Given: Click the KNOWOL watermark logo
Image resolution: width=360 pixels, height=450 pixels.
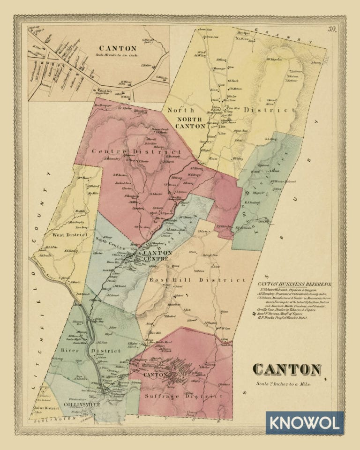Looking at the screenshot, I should point(305,423).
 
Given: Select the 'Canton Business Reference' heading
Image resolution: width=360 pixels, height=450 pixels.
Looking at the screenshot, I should point(295,284).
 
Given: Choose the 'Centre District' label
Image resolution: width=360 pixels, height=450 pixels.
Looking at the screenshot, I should point(136,152).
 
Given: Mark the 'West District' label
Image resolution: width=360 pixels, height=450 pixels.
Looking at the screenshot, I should point(71,234).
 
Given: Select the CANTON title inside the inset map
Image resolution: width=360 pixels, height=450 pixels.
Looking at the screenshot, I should point(118,48).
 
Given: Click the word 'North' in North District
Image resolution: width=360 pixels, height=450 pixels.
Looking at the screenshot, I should point(178,110).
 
